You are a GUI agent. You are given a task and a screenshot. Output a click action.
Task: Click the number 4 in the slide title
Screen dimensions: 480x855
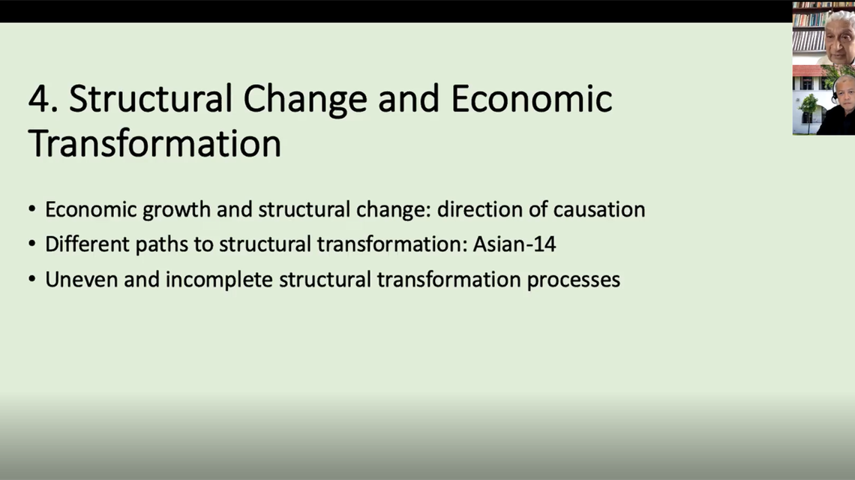tap(38, 100)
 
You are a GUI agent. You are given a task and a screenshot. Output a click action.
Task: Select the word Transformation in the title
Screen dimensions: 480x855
tap(154, 142)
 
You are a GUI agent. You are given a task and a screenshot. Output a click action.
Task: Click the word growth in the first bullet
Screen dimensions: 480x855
tap(177, 209)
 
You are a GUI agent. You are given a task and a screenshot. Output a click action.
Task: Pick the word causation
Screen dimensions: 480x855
tap(599, 209)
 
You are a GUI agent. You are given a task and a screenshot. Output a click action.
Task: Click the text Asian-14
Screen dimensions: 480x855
tap(514, 244)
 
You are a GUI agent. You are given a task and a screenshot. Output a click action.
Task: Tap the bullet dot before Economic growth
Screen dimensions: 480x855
tap(31, 210)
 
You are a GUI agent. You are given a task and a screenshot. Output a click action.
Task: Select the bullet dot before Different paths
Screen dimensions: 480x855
tap(31, 245)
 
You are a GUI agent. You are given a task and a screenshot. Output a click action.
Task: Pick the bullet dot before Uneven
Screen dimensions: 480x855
tap(31, 280)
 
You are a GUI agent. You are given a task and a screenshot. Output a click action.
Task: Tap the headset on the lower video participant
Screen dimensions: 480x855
tap(835, 93)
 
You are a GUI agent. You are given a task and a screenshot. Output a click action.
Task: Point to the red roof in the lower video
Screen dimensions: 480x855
tap(808, 70)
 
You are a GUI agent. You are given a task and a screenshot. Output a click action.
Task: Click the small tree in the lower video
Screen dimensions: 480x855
tap(808, 105)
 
